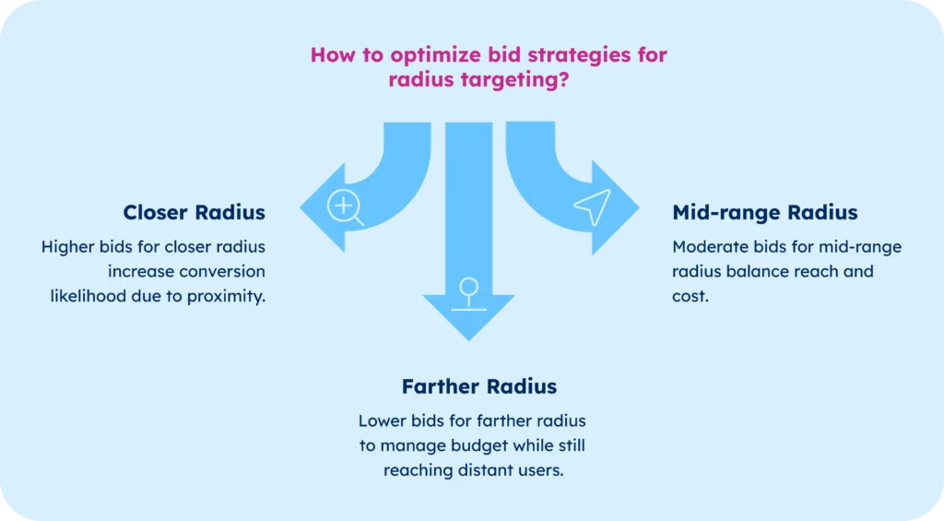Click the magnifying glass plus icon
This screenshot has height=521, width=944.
coord(346,207)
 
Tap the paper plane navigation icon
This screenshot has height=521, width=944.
coord(592,207)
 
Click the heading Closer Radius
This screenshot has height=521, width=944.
coord(194,213)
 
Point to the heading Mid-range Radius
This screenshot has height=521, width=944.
coord(765,213)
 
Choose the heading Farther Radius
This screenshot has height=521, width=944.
coord(478,385)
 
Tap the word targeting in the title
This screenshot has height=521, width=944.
coord(504,79)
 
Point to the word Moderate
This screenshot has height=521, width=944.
coord(708,247)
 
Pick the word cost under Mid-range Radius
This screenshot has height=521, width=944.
coord(690,297)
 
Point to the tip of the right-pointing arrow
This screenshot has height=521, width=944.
coord(638,207)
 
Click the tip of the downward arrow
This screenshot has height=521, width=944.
coord(468,339)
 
